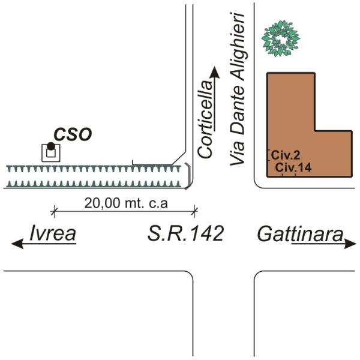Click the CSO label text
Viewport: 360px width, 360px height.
tap(73, 134)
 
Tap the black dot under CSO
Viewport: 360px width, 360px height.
tap(51, 146)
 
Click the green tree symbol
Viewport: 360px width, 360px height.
tap(280, 38)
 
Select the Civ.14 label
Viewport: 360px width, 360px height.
tap(294, 169)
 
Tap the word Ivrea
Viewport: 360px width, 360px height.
tap(53, 234)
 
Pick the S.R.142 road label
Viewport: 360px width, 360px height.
tap(185, 234)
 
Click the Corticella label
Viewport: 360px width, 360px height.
tap(206, 123)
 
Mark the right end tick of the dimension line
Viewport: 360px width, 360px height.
tap(194, 210)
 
